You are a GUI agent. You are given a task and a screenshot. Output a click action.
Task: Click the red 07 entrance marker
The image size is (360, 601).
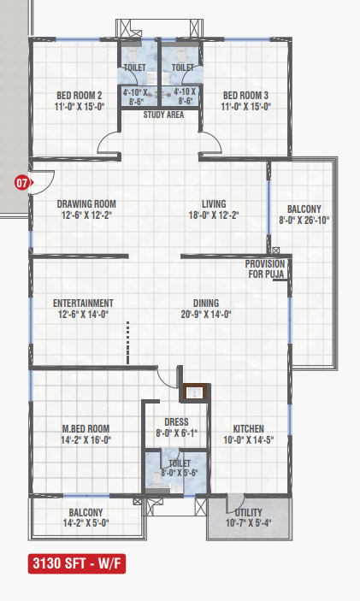pos(22,183)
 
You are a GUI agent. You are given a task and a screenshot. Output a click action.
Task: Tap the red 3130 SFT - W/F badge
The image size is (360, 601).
pos(77,563)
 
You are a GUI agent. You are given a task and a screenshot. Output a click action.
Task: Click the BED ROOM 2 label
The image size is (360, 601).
pos(80,95)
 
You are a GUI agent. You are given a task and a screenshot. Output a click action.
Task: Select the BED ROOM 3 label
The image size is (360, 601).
pos(245,95)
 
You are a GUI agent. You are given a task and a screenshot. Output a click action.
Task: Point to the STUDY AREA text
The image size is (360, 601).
pos(163,115)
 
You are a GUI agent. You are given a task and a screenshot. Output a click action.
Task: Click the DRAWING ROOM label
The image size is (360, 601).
pos(86,204)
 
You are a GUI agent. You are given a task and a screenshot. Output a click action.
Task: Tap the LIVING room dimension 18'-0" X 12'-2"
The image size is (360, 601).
pos(214,215)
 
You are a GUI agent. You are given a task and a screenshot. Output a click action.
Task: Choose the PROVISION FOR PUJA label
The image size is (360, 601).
pos(266,269)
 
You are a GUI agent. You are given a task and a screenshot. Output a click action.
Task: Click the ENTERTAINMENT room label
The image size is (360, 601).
pos(83,303)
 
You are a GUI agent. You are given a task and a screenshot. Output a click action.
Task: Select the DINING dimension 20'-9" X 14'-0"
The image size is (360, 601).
pos(206,315)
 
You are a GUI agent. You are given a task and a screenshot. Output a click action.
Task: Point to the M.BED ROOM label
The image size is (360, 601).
pos(86,428)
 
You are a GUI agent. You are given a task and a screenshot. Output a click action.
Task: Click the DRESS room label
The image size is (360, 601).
pos(176,422)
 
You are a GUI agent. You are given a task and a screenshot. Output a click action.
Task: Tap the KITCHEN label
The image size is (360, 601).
pos(249,428)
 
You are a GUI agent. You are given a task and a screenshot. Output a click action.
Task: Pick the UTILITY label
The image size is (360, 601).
pos(249,512)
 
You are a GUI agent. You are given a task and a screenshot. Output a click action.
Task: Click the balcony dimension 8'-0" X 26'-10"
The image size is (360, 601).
pos(304,221)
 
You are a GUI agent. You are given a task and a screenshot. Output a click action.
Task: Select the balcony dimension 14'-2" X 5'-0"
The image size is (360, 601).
pos(86,523)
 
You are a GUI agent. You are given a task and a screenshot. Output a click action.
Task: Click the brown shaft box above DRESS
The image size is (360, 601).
pos(195,392)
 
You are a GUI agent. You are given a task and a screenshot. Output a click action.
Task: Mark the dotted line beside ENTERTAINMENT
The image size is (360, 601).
pos(127,343)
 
